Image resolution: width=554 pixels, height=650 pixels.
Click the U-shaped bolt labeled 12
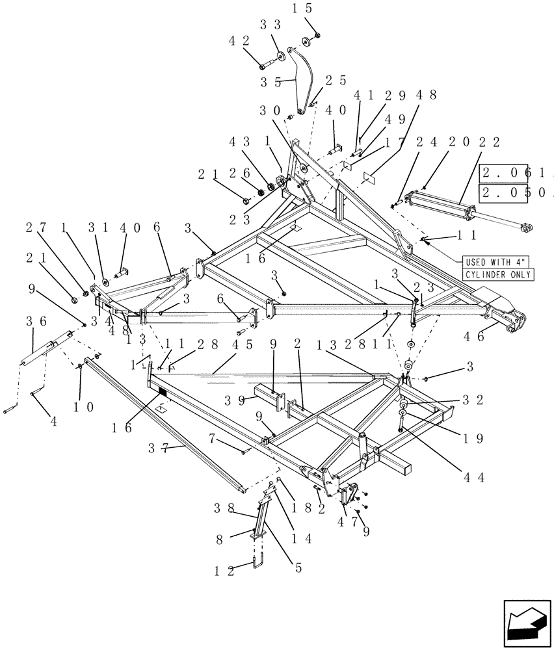point(259,560)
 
